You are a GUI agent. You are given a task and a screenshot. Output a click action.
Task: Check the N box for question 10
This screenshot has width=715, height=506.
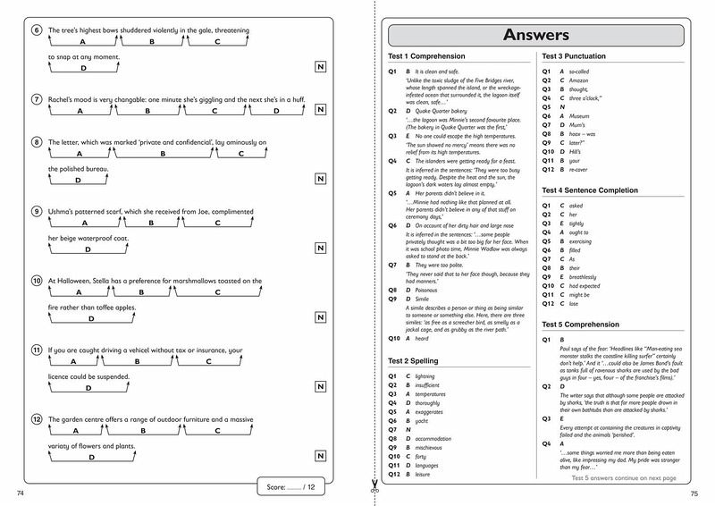320,317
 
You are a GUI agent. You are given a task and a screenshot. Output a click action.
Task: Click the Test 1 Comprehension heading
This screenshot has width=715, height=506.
425,56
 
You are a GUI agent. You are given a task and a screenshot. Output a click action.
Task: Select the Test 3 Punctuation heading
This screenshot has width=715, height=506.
580,56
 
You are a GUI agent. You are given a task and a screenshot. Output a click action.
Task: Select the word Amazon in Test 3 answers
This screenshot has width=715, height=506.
582,80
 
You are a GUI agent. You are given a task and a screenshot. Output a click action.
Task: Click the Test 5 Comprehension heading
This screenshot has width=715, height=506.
583,324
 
